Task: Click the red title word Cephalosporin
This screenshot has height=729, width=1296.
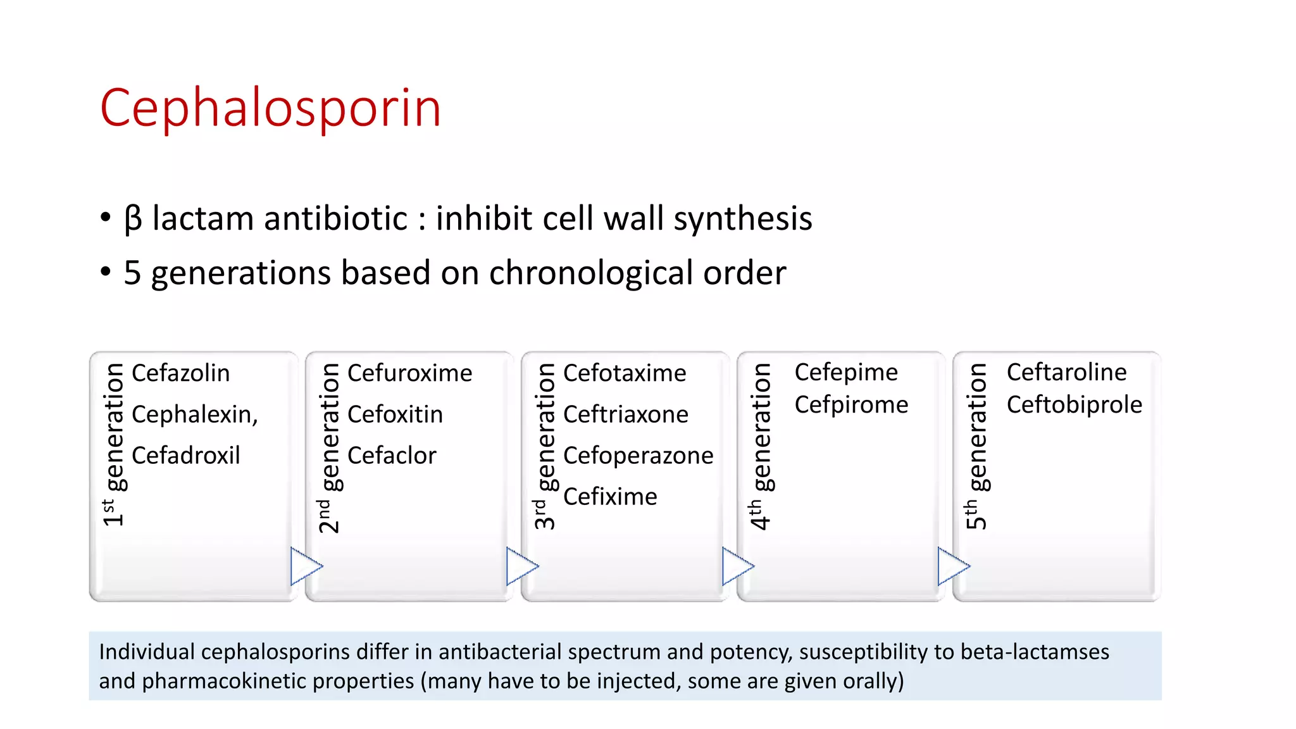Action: pos(270,109)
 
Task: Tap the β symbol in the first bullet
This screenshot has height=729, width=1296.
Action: pos(133,219)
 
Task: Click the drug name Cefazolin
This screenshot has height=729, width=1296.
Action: pos(180,373)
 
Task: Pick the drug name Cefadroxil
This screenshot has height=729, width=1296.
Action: pos(185,456)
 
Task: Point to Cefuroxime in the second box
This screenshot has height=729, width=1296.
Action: pos(409,373)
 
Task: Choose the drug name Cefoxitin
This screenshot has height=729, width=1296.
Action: pos(395,414)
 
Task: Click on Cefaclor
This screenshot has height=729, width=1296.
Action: pos(392,456)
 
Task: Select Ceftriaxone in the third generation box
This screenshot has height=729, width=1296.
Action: pos(625,414)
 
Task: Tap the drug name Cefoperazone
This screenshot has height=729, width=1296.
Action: pos(638,456)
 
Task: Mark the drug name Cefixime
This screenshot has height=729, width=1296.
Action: pos(610,497)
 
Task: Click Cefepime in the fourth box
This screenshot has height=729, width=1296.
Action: pos(846,373)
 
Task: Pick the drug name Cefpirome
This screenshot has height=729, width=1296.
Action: pos(851,405)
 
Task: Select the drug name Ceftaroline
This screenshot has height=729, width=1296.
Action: pos(1066,372)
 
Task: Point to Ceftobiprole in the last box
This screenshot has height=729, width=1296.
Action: pos(1074,405)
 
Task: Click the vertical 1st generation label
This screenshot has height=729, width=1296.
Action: pos(115,444)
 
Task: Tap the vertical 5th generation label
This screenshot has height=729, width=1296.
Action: pos(976,445)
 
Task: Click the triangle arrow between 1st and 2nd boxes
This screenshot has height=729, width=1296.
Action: pos(305,566)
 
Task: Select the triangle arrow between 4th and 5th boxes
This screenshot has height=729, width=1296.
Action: pos(952,566)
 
